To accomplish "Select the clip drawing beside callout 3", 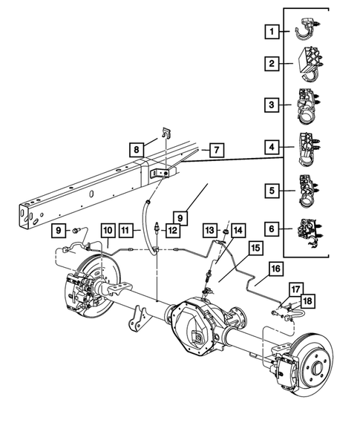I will point(307,105).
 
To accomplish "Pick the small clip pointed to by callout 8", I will point(165,135).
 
